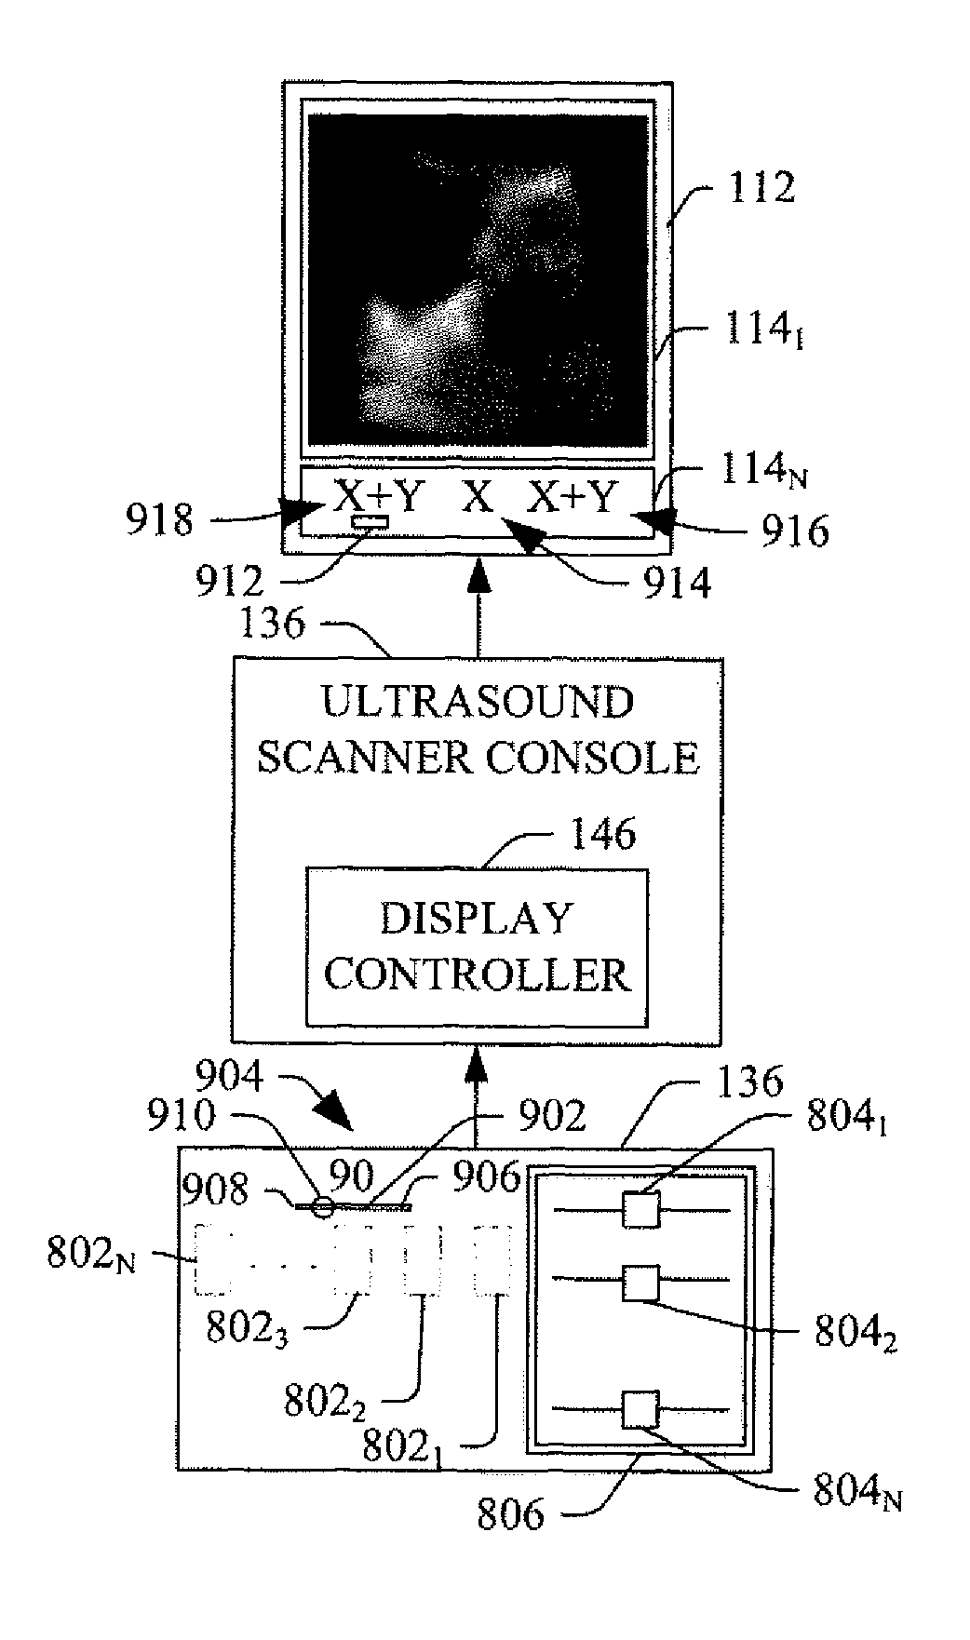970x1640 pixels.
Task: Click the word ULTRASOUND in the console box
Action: coord(478,703)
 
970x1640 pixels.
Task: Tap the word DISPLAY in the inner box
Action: coord(476,919)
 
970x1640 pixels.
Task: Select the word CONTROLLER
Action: coord(478,975)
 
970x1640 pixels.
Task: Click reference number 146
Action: coord(604,834)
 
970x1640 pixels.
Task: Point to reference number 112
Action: coord(764,187)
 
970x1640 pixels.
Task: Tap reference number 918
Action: coord(160,520)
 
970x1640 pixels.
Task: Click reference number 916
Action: coord(795,531)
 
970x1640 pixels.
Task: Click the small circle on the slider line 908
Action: coord(322,1207)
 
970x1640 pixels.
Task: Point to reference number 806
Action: coord(510,1514)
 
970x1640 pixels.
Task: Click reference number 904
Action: coord(229,1078)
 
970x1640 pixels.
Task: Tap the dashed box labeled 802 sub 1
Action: coord(494,1260)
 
